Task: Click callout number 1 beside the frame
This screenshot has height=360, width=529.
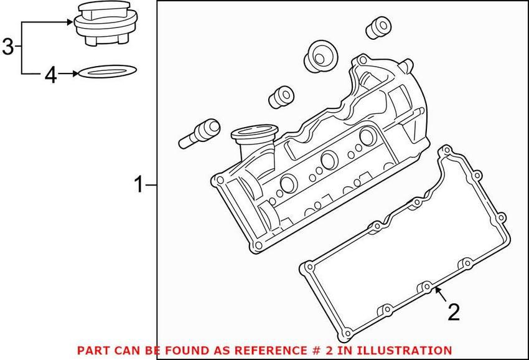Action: (x=140, y=184)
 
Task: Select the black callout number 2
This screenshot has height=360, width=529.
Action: (x=454, y=312)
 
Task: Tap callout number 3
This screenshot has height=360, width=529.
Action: (x=7, y=47)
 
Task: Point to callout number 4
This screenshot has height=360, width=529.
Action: (x=50, y=75)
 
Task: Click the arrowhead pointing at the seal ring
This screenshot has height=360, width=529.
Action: (x=75, y=74)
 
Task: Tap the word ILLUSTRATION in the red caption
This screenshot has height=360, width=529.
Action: (x=406, y=351)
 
